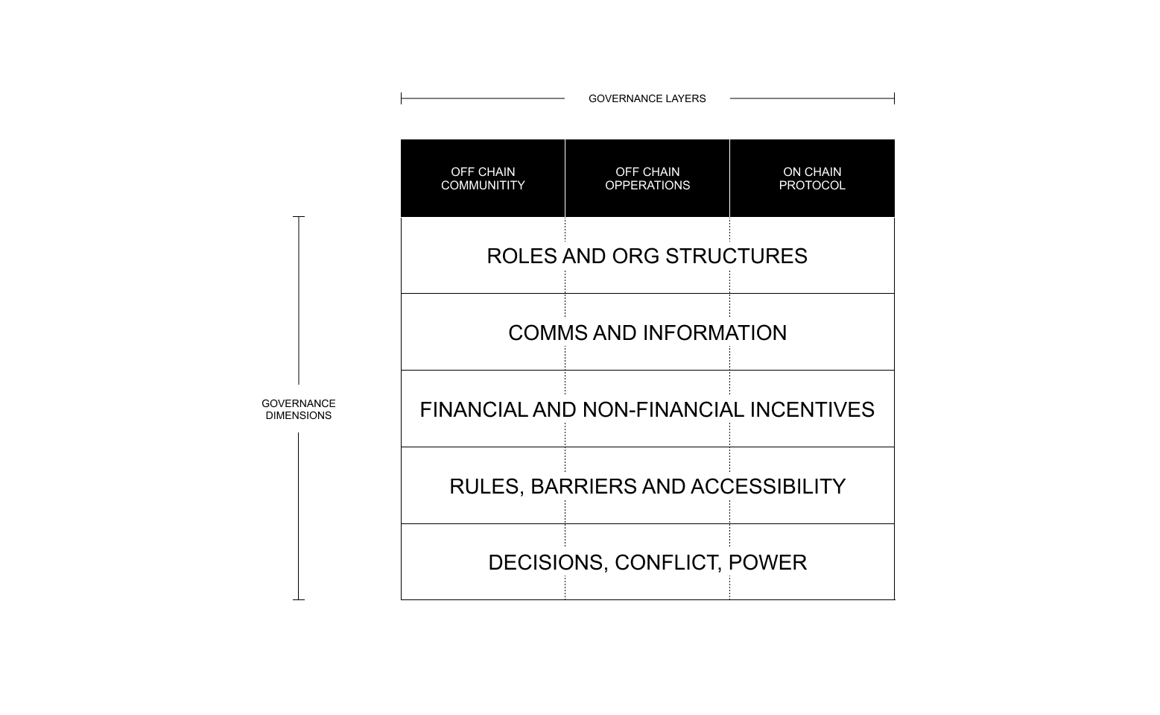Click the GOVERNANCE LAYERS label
647,98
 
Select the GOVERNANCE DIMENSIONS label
298,409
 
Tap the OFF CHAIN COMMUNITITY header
483,178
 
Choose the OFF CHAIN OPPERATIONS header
647,178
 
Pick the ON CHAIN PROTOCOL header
812,178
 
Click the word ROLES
522,256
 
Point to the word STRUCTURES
736,256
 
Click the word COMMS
548,333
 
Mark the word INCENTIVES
812,409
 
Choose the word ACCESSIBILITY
768,486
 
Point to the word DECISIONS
548,563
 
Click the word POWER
767,563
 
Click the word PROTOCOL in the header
812,185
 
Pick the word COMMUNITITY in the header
483,185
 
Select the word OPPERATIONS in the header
647,185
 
